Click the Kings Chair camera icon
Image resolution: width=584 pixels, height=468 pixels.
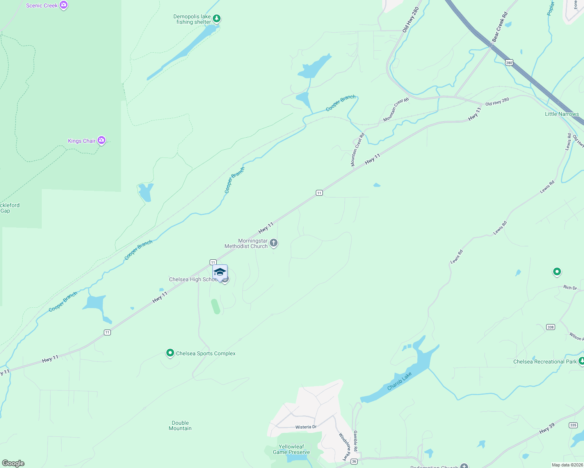101,140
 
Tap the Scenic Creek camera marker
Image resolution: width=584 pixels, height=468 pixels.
64,5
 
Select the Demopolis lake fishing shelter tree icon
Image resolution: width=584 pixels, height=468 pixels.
217,18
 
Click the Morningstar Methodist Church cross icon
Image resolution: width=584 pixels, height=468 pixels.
274,243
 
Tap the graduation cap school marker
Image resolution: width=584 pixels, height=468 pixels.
220,272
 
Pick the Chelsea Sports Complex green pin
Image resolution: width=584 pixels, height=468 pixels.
170,353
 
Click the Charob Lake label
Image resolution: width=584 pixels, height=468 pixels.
399,381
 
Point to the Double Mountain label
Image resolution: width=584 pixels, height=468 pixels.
180,425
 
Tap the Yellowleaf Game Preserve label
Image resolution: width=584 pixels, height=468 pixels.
291,449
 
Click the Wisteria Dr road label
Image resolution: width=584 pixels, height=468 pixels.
306,427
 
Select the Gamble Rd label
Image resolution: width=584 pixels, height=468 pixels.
355,441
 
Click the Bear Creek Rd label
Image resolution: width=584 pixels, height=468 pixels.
500,27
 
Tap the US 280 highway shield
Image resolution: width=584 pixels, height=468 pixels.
509,62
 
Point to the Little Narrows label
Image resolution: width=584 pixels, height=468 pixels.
562,114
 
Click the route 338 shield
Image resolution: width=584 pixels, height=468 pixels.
550,327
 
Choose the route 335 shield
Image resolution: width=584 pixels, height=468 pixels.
573,425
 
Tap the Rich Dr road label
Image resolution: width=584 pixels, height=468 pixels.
570,287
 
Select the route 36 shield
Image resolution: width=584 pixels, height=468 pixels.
354,461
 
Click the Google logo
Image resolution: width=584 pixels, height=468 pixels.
13,463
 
